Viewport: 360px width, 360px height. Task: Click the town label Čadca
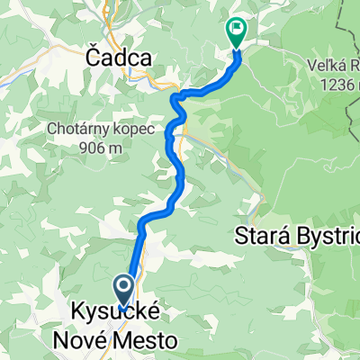(119, 57)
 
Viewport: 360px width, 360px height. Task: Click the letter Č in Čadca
(92, 57)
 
